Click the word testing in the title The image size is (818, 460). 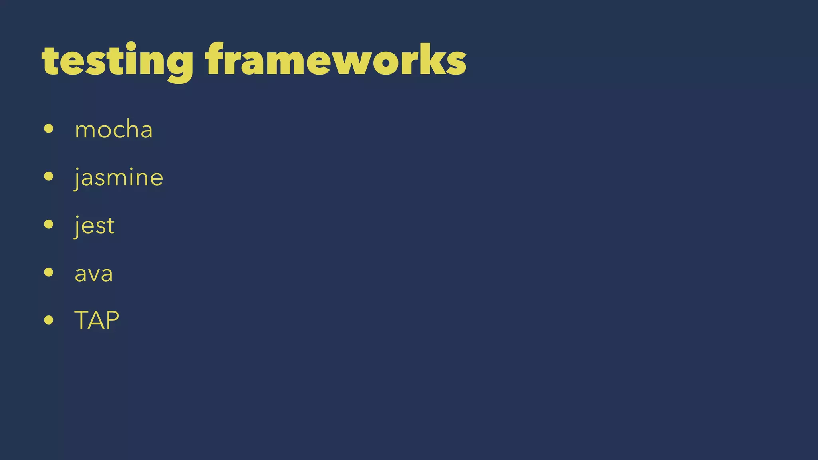click(x=117, y=61)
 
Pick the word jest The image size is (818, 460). click(x=95, y=225)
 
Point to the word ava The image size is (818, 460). click(x=94, y=274)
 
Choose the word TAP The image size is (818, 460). click(x=97, y=320)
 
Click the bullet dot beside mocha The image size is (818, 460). click(x=49, y=129)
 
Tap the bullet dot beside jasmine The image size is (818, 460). click(x=49, y=176)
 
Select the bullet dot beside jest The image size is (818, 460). click(x=49, y=224)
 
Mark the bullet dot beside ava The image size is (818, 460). click(x=49, y=272)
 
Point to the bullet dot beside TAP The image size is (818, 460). click(x=49, y=320)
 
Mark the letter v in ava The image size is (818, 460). click(x=94, y=275)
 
